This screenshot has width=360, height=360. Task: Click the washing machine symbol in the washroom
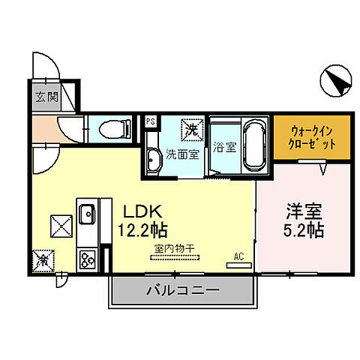[192, 130]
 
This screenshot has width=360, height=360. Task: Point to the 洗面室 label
[181, 154]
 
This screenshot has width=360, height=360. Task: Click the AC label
[239, 256]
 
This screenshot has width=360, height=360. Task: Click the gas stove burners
[86, 259]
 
